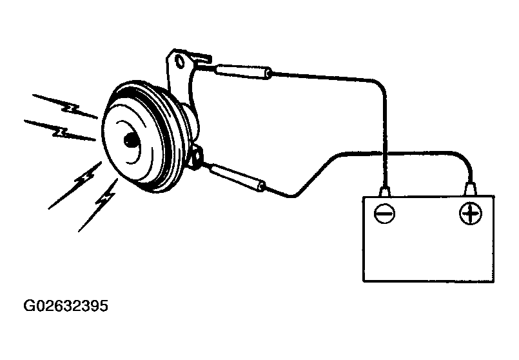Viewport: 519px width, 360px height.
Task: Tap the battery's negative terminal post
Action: point(384,192)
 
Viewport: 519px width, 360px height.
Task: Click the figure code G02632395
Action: point(66,306)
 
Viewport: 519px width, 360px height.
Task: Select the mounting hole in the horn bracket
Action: point(181,61)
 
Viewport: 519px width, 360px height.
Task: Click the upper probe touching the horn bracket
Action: point(243,72)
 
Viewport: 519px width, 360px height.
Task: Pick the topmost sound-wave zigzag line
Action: point(65,106)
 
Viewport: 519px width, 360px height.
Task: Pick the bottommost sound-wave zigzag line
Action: point(98,205)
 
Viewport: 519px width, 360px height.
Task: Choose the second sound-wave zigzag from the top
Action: point(59,130)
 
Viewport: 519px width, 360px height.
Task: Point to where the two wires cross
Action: point(384,154)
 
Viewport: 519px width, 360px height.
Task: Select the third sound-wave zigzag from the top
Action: point(75,185)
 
